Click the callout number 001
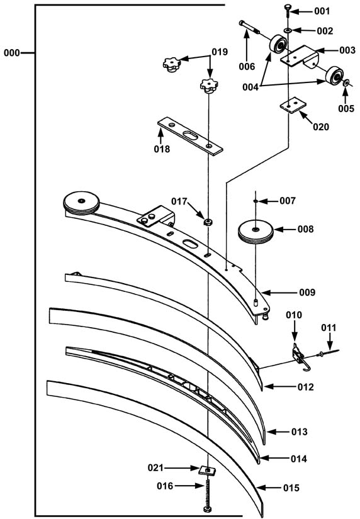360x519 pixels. coord(322,11)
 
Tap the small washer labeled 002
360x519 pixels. coord(288,30)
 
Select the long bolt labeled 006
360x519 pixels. coord(249,27)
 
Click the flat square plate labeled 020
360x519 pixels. coord(293,105)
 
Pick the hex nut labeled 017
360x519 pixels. coord(208,222)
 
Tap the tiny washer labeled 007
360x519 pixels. coord(256,201)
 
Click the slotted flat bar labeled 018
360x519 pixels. coord(190,135)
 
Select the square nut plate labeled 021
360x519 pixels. coord(207,471)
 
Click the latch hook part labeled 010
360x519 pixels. coord(300,357)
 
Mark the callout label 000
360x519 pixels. coord(11,53)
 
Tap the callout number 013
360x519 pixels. coord(300,432)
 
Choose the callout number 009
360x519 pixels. coord(307,293)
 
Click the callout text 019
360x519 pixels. coord(220,52)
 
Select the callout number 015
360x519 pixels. coord(291,488)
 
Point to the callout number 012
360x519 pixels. coord(305,387)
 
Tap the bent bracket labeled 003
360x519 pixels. coord(300,56)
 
